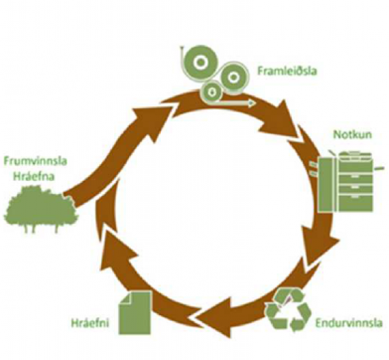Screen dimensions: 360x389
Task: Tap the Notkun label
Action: pos(350,135)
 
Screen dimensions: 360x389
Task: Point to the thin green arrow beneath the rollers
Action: pos(237,102)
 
